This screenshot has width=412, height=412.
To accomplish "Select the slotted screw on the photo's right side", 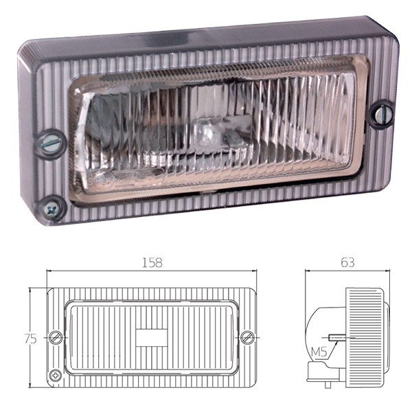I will (x=379, y=114).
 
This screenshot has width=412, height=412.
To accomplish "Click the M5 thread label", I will (x=319, y=353).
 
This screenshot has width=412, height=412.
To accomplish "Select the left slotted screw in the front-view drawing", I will (x=57, y=337).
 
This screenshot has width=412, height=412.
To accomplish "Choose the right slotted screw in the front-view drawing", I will (x=248, y=337).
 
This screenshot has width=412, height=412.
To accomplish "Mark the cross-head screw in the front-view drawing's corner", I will (x=55, y=375).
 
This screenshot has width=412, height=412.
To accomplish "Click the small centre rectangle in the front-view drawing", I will (x=151, y=338).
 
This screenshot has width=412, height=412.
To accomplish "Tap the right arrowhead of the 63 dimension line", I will (x=390, y=273).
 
